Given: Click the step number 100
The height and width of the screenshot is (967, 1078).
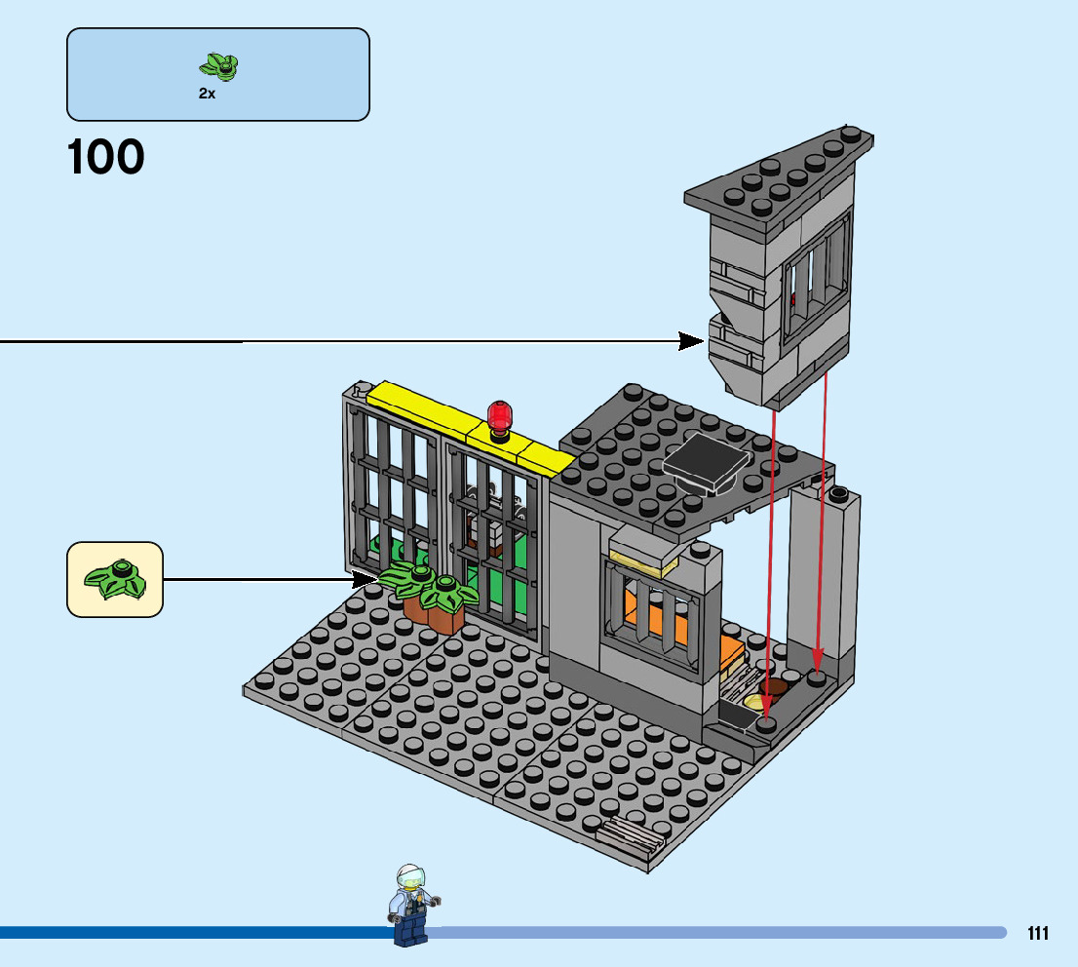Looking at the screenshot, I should (105, 158).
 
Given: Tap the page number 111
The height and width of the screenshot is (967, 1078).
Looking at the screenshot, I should (1038, 934).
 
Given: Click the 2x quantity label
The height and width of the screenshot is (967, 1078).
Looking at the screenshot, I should (207, 95).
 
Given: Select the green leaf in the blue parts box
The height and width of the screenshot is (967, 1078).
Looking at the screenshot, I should (219, 66).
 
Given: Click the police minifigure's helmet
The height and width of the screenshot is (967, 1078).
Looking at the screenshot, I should (410, 874).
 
